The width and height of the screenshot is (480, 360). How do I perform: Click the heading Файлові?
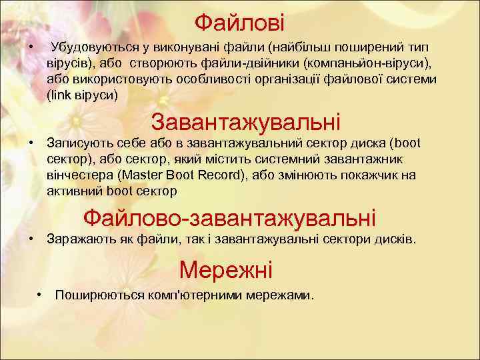click(239, 23)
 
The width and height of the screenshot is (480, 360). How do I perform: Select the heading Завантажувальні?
click(245, 122)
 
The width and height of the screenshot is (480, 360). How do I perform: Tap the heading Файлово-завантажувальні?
click(229, 217)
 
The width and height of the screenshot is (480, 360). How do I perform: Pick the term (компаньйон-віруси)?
click(367, 63)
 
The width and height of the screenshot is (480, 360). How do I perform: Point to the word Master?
click(143, 175)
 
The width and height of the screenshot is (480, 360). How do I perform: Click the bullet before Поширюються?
click(40, 294)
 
